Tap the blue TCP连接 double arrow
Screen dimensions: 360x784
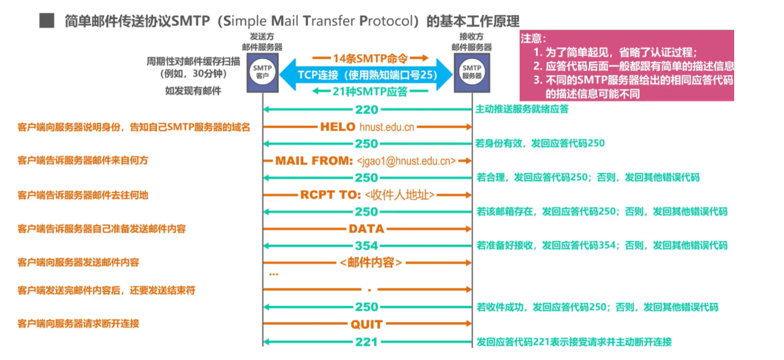coord(367,75)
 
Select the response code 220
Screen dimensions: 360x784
coord(366,110)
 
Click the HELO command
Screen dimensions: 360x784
coord(338,127)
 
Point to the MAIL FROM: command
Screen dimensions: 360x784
coord(314,161)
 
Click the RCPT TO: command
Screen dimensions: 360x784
coord(330,194)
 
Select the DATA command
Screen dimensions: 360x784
coord(366,229)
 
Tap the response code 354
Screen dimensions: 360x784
coord(366,245)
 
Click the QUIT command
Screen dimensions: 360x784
coord(366,324)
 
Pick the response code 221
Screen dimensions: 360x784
coord(366,341)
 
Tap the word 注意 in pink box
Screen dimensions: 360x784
coord(532,39)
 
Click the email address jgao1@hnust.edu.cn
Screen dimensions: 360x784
coord(406,161)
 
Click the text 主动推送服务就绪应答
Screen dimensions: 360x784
coord(522,109)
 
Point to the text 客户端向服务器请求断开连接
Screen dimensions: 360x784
coord(79,323)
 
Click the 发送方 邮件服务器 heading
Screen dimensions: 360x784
coord(262,41)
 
